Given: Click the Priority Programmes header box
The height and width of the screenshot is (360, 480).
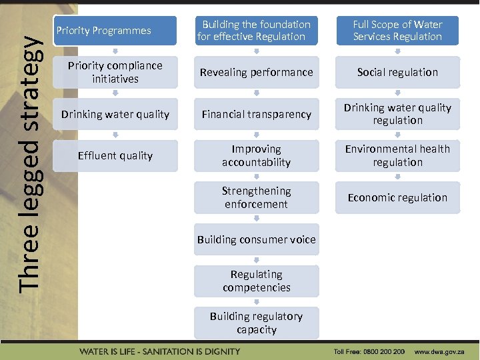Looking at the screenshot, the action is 115,31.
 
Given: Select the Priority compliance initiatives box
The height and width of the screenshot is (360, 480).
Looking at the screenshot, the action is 115,72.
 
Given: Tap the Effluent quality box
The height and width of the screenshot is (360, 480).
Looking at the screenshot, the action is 115,155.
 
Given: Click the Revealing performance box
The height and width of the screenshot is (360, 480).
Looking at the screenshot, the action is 257,72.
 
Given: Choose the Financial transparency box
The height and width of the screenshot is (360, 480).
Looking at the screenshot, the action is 257,114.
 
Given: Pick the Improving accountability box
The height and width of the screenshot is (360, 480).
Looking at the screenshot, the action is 257,155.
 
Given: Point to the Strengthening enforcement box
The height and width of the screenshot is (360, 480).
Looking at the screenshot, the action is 257,197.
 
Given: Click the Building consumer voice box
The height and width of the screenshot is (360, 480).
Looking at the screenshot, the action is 257,239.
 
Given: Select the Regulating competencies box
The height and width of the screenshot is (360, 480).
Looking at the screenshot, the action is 257,281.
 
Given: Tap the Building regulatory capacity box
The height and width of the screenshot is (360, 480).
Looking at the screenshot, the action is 257,323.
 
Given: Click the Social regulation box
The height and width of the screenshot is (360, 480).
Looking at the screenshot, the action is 397,72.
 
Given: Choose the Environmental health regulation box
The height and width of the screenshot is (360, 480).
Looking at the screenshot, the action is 397,155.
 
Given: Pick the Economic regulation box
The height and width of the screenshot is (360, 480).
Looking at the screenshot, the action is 397,197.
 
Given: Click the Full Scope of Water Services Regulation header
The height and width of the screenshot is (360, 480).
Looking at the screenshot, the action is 397,31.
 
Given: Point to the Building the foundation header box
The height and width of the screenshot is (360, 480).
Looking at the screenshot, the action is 257,31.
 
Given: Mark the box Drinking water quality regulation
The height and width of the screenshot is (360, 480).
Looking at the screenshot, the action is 397,114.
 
